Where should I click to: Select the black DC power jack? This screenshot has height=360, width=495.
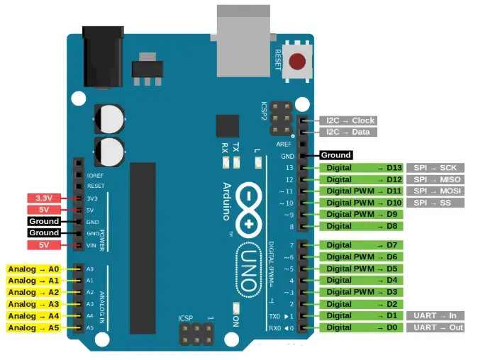(x=99, y=57)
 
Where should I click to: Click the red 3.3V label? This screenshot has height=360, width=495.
(x=46, y=198)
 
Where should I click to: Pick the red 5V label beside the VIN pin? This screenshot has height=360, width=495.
(x=46, y=245)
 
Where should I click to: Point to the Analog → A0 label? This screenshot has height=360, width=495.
(x=34, y=269)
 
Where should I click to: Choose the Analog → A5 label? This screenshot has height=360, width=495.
(x=34, y=327)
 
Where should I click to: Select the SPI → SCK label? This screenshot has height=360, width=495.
(x=435, y=168)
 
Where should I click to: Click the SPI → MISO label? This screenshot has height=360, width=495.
(x=435, y=179)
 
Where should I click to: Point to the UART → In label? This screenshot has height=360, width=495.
(x=435, y=315)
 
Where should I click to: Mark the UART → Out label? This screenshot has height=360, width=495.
(x=435, y=327)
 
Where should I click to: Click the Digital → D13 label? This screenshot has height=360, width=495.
(x=362, y=168)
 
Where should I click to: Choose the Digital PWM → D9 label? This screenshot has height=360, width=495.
(x=362, y=214)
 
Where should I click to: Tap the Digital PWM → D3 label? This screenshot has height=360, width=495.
(x=362, y=292)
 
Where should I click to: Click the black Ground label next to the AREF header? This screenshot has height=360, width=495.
(x=335, y=155)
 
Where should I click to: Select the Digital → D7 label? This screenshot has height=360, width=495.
(x=362, y=245)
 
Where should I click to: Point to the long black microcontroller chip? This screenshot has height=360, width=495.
(x=142, y=248)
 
